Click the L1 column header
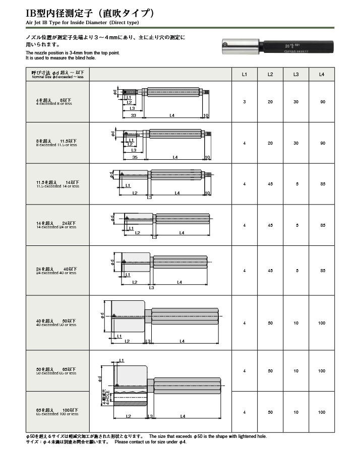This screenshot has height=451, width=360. (x=245, y=75)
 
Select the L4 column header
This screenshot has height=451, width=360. (x=322, y=75)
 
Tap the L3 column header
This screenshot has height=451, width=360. (x=296, y=75)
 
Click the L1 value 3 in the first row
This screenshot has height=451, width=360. (x=245, y=102)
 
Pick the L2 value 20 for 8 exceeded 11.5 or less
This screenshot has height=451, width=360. (x=270, y=143)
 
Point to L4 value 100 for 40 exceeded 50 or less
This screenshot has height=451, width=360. (x=322, y=323)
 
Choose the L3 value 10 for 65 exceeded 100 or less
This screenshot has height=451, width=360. (x=296, y=412)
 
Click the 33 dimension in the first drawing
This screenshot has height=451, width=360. (x=133, y=115)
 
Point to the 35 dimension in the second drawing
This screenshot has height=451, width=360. (x=134, y=157)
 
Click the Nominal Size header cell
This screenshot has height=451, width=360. (x=57, y=75)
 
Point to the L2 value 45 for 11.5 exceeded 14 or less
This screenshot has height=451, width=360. (x=270, y=184)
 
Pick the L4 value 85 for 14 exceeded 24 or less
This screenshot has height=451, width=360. (x=322, y=225)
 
